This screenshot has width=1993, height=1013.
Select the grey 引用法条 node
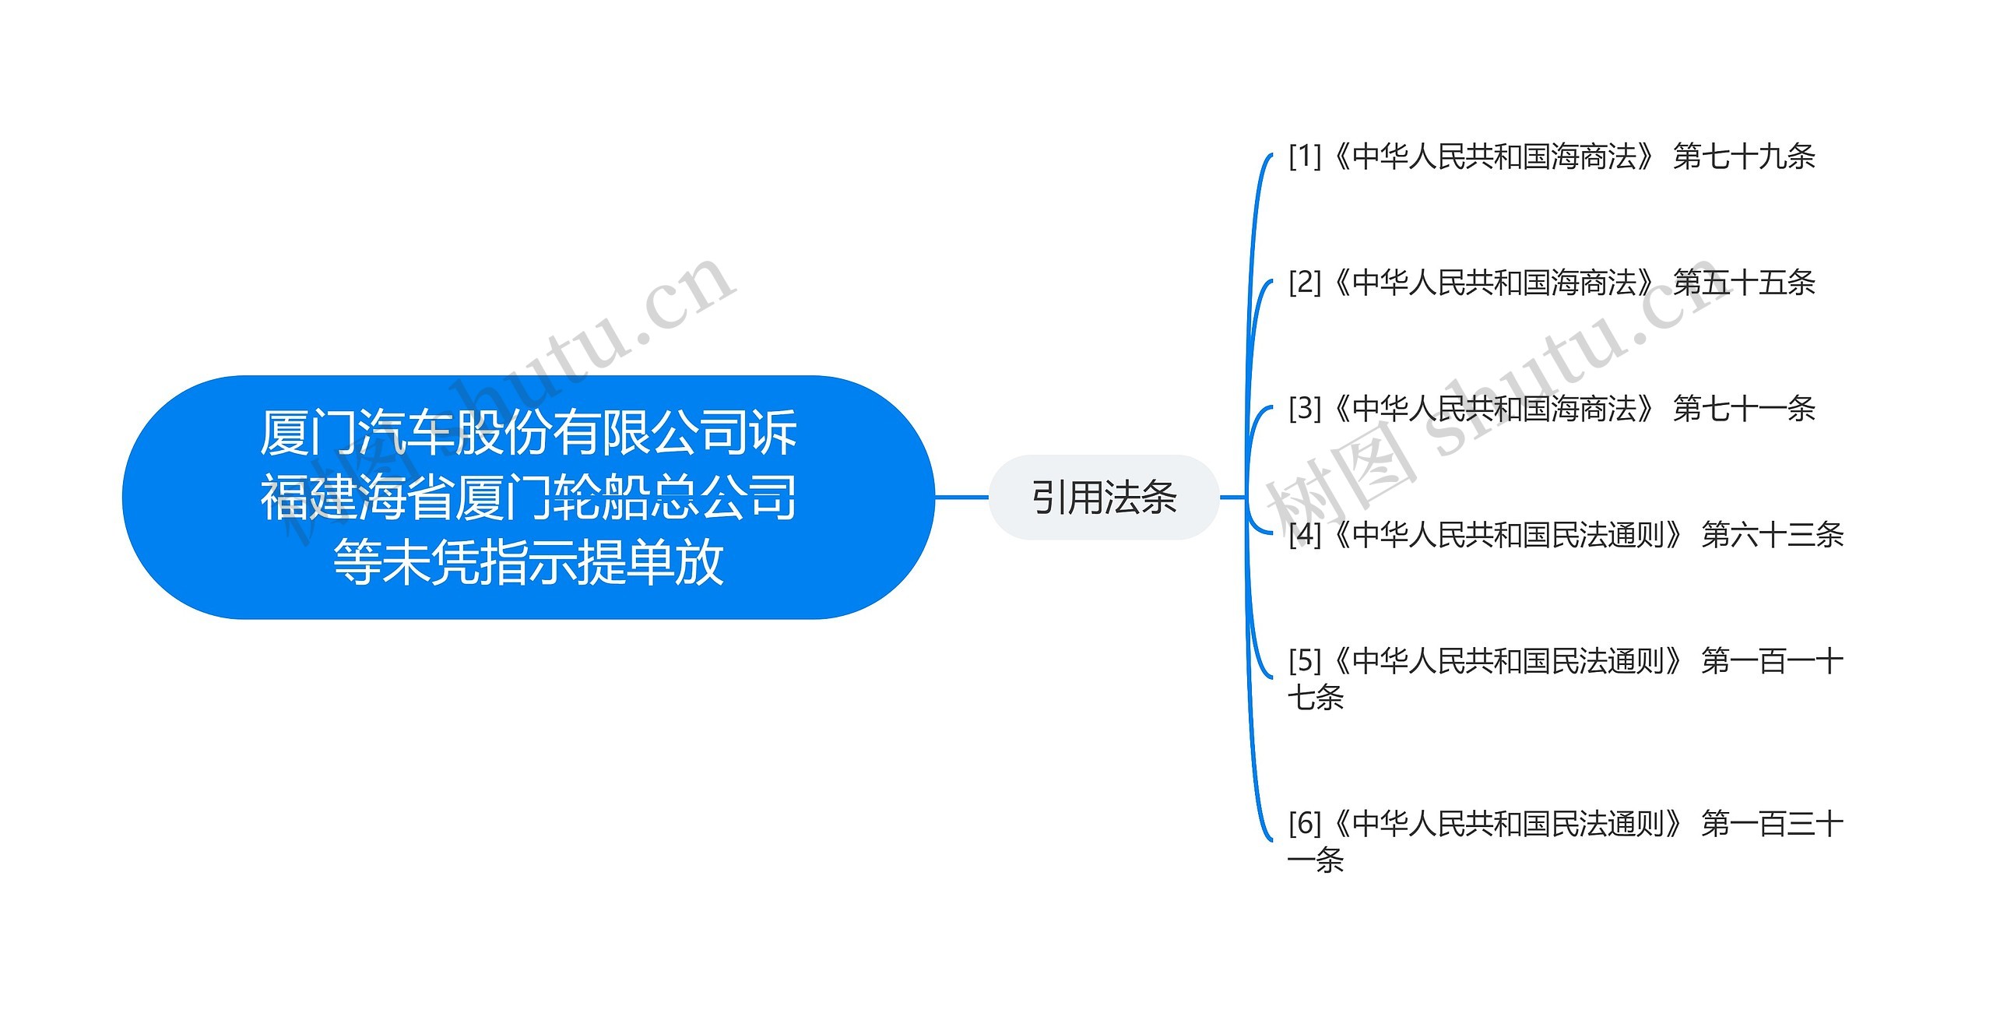(1103, 498)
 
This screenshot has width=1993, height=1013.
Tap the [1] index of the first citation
(1305, 157)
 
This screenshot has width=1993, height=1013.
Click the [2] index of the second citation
(1305, 282)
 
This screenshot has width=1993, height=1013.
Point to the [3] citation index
(1305, 408)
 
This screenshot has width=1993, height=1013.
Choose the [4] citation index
(1305, 535)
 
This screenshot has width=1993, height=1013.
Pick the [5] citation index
(1305, 661)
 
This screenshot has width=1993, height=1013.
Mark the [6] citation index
(1305, 823)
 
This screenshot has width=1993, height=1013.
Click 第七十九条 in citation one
(1744, 157)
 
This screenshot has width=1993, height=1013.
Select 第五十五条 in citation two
(1744, 282)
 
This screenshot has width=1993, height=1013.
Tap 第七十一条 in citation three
(1744, 408)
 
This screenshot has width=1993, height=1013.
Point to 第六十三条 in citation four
(1773, 535)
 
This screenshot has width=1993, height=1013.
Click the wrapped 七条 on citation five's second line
(1316, 698)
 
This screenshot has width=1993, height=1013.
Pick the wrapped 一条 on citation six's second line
(1316, 860)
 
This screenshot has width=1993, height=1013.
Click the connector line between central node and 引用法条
(961, 497)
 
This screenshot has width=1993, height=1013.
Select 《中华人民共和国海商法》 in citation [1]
(1495, 157)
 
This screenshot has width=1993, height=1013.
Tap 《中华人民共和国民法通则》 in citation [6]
(1509, 823)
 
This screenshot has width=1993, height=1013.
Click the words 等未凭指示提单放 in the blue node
(528, 562)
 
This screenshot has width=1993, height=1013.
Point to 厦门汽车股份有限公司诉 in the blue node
(528, 432)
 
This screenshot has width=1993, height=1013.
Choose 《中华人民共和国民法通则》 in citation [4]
(1509, 535)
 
